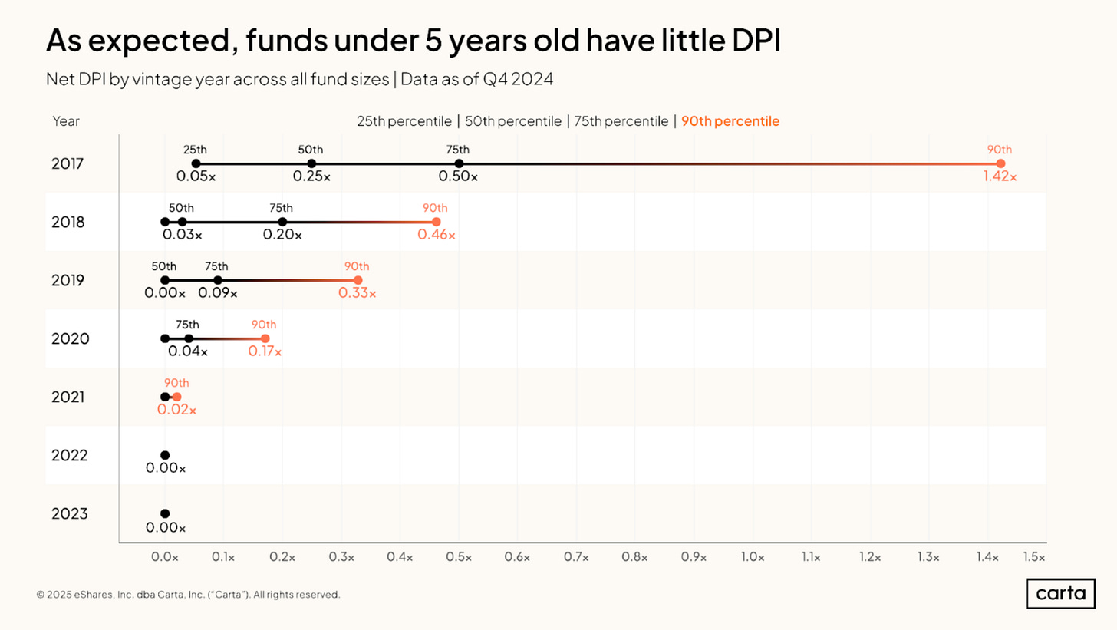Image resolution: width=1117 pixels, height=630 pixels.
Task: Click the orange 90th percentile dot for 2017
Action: (1000, 163)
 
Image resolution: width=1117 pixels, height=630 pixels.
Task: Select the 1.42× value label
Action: (1000, 176)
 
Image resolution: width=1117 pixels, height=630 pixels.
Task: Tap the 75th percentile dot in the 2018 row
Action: (282, 222)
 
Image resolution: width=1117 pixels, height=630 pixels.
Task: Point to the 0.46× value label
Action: (437, 235)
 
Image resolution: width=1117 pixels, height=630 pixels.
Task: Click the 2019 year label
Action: (68, 280)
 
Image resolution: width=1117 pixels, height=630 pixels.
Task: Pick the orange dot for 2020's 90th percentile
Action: (265, 338)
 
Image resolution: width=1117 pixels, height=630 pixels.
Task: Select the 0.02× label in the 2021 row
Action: (176, 410)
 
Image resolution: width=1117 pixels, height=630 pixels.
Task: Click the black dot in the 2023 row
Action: (165, 513)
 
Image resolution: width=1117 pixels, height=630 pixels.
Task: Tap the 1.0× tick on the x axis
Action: (753, 557)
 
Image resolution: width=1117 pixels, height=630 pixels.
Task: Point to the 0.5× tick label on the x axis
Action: (459, 557)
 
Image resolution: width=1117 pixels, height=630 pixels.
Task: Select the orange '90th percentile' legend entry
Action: (730, 121)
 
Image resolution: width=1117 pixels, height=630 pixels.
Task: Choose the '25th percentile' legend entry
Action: (404, 121)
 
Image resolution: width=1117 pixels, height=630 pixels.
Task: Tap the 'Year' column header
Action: (66, 121)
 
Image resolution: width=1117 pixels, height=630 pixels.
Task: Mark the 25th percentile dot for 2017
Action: (196, 163)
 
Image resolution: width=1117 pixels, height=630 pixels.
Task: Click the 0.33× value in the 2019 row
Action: (358, 293)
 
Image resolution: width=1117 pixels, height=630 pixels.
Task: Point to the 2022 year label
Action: (68, 455)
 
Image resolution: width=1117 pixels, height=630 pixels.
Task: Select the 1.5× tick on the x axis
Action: (1033, 557)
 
